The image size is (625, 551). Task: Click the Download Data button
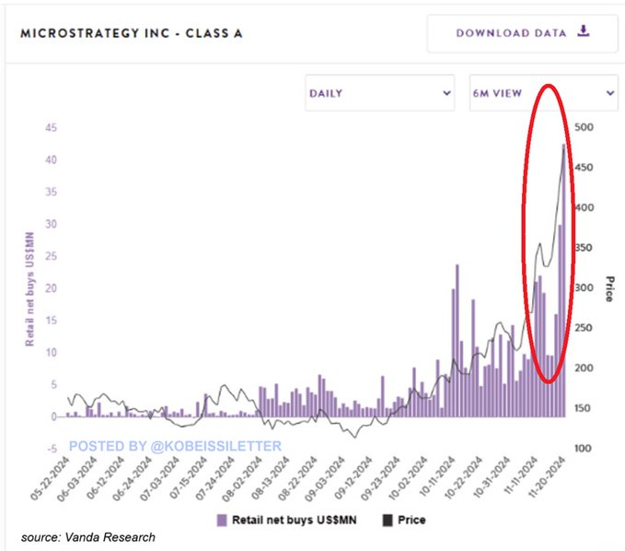click(x=521, y=33)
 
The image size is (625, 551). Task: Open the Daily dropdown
click(x=380, y=93)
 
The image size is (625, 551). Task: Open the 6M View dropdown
click(x=542, y=93)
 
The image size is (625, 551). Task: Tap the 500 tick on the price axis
click(x=582, y=128)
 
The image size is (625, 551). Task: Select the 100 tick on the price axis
click(x=582, y=449)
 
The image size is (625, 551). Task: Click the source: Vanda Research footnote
click(x=90, y=537)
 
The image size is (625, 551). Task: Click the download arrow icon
click(x=583, y=31)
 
